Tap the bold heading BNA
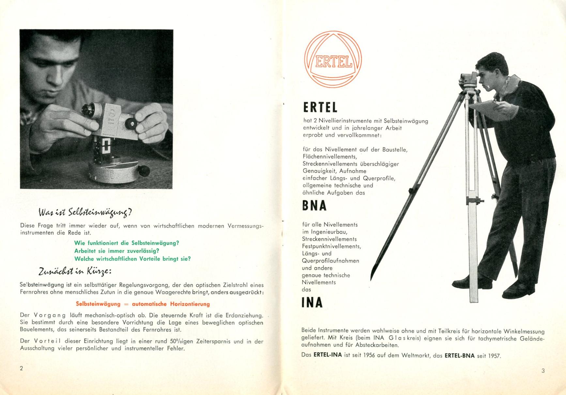[314, 206]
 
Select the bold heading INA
[312, 303]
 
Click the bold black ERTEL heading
[320, 107]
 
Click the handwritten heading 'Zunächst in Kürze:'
[76, 272]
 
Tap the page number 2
[22, 369]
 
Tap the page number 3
[543, 371]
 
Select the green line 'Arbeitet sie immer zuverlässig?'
[117, 251]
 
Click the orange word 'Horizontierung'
[190, 304]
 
